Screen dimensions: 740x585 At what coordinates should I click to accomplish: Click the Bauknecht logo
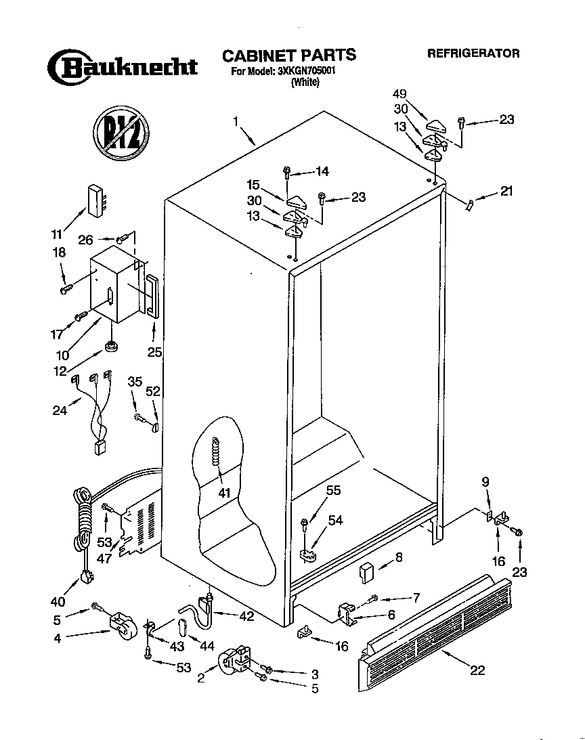click(122, 67)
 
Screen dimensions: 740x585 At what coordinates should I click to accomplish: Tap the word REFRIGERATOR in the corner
click(473, 53)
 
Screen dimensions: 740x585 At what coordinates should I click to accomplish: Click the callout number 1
click(236, 122)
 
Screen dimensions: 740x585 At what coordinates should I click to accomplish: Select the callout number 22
click(477, 670)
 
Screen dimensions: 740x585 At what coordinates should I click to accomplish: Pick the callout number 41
click(224, 492)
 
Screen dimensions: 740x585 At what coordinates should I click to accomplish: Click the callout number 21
click(506, 191)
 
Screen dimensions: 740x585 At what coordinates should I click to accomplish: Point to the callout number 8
click(399, 558)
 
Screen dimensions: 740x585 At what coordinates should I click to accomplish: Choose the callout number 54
click(335, 519)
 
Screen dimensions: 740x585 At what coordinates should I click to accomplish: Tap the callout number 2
click(201, 677)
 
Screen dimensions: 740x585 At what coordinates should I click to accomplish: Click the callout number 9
click(485, 481)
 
